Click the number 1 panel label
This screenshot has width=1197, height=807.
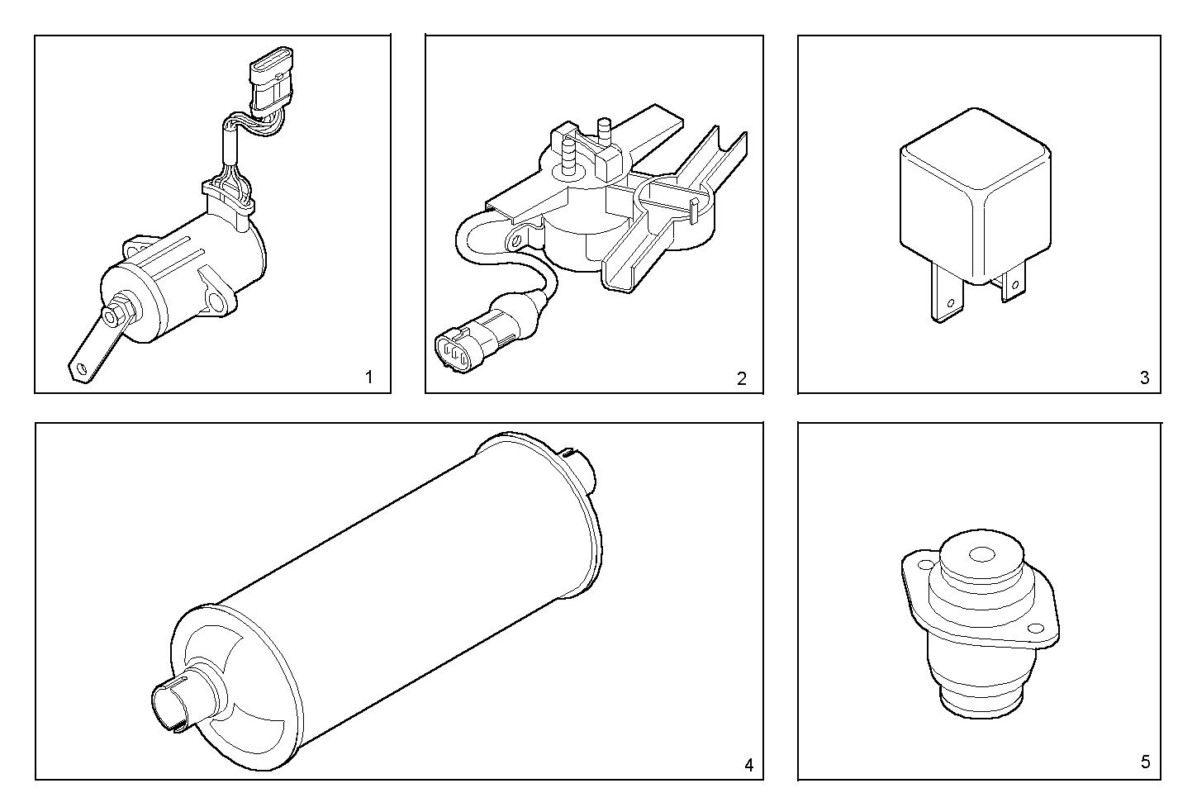(368, 378)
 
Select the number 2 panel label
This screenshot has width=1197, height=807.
(741, 378)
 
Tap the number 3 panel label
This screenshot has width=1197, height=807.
(1144, 378)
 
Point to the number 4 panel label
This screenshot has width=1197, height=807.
(748, 765)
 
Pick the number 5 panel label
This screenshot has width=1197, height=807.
(1145, 762)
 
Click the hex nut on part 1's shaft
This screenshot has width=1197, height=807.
(113, 316)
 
